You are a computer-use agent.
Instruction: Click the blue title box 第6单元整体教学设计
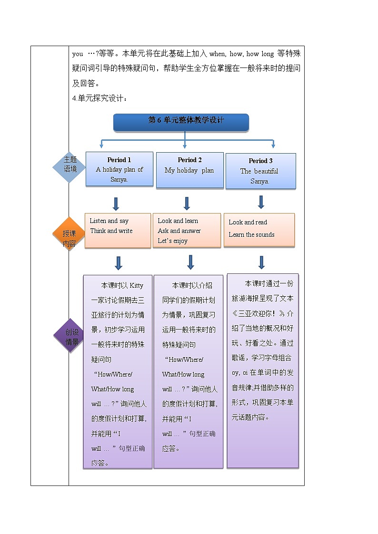tap(181, 121)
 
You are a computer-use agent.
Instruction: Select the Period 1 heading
tap(119, 160)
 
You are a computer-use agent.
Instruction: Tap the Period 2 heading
tap(189, 160)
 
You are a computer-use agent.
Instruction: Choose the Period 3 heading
tap(260, 161)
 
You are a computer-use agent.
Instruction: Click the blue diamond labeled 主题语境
tap(70, 165)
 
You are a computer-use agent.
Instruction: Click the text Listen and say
tap(109, 221)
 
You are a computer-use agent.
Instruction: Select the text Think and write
tap(111, 231)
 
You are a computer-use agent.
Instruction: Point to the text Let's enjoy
tap(172, 241)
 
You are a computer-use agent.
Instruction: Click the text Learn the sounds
tap(251, 234)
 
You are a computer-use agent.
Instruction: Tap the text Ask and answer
tap(179, 231)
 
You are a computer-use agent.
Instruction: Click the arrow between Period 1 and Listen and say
tap(116, 204)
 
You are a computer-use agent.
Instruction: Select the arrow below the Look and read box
tap(261, 262)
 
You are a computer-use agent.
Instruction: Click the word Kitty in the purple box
tap(136, 285)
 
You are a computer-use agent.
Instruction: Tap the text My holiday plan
tap(189, 170)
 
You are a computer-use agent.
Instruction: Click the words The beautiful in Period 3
tap(259, 171)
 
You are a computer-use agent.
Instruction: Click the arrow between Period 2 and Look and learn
tap(187, 204)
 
